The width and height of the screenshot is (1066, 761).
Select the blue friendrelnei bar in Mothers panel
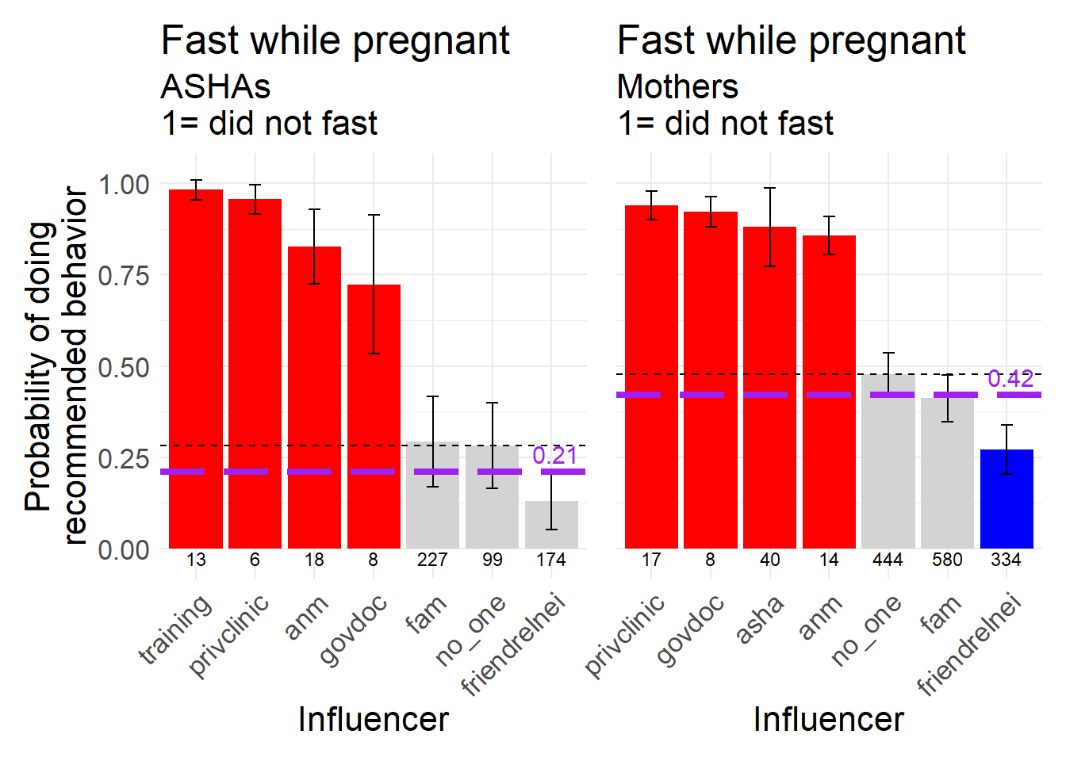pyautogui.click(x=1007, y=499)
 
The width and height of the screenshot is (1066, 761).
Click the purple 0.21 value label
pyautogui.click(x=554, y=455)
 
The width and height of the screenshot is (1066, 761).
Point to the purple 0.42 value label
pyautogui.click(x=1010, y=379)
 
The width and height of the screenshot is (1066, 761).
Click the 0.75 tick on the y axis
pyautogui.click(x=123, y=276)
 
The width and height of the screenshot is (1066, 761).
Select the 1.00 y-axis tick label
pyautogui.click(x=123, y=185)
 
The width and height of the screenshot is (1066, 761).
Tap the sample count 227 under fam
pyautogui.click(x=432, y=560)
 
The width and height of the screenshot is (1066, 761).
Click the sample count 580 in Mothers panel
pyautogui.click(x=947, y=560)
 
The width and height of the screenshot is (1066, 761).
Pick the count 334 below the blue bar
pyautogui.click(x=1006, y=560)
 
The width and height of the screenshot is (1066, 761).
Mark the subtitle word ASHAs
pyautogui.click(x=216, y=86)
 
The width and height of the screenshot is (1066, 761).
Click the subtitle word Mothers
pyautogui.click(x=677, y=86)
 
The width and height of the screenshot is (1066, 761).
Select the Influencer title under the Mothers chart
pyautogui.click(x=828, y=720)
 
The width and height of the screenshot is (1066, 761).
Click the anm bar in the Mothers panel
pyautogui.click(x=829, y=392)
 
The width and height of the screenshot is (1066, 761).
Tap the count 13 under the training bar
pyautogui.click(x=196, y=560)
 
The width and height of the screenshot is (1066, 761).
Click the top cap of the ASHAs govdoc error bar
pyautogui.click(x=374, y=215)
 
